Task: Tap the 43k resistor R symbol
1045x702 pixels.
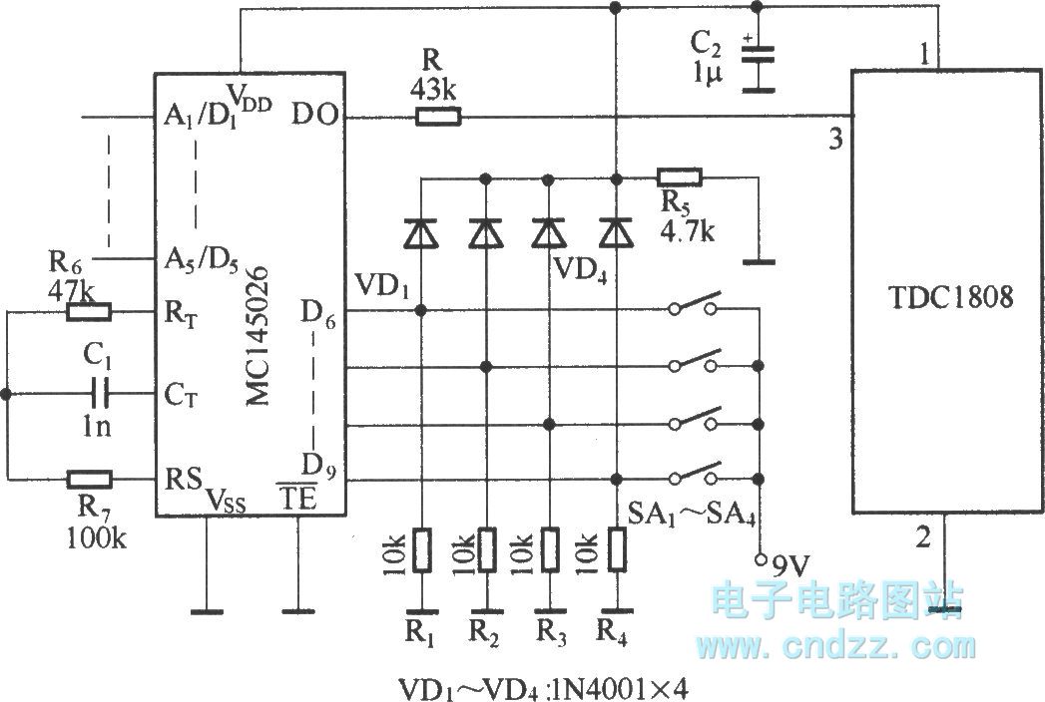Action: pos(437,118)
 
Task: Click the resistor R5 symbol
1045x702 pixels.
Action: pos(680,178)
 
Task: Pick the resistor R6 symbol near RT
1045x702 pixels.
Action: pos(88,312)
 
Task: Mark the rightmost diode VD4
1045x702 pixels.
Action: pos(616,233)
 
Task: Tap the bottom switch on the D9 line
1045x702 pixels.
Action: pos(696,475)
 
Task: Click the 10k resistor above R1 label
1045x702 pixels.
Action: pos(421,549)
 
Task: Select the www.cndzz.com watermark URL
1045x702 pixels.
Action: pos(839,645)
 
